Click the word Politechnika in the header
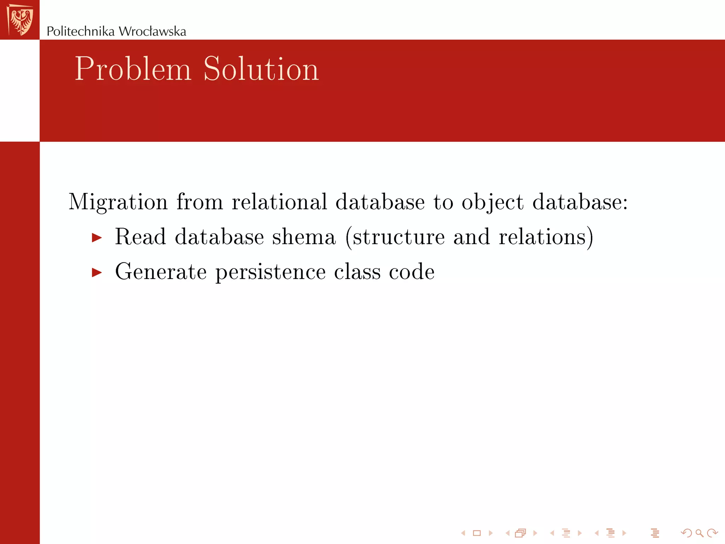[x=81, y=32]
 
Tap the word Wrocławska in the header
[x=152, y=32]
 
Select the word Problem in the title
[x=133, y=69]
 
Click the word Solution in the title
[x=261, y=69]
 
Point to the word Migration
[x=118, y=202]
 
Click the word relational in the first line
[x=279, y=202]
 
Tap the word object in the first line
[x=492, y=202]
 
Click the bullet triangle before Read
[x=97, y=238]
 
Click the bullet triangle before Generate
[x=97, y=272]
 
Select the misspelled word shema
[x=304, y=237]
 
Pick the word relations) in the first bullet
[x=546, y=237]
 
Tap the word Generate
[x=161, y=272]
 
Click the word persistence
[x=270, y=272]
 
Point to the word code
[x=412, y=272]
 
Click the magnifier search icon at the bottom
[x=699, y=533]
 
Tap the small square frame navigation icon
[x=477, y=533]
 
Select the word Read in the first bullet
[x=141, y=237]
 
